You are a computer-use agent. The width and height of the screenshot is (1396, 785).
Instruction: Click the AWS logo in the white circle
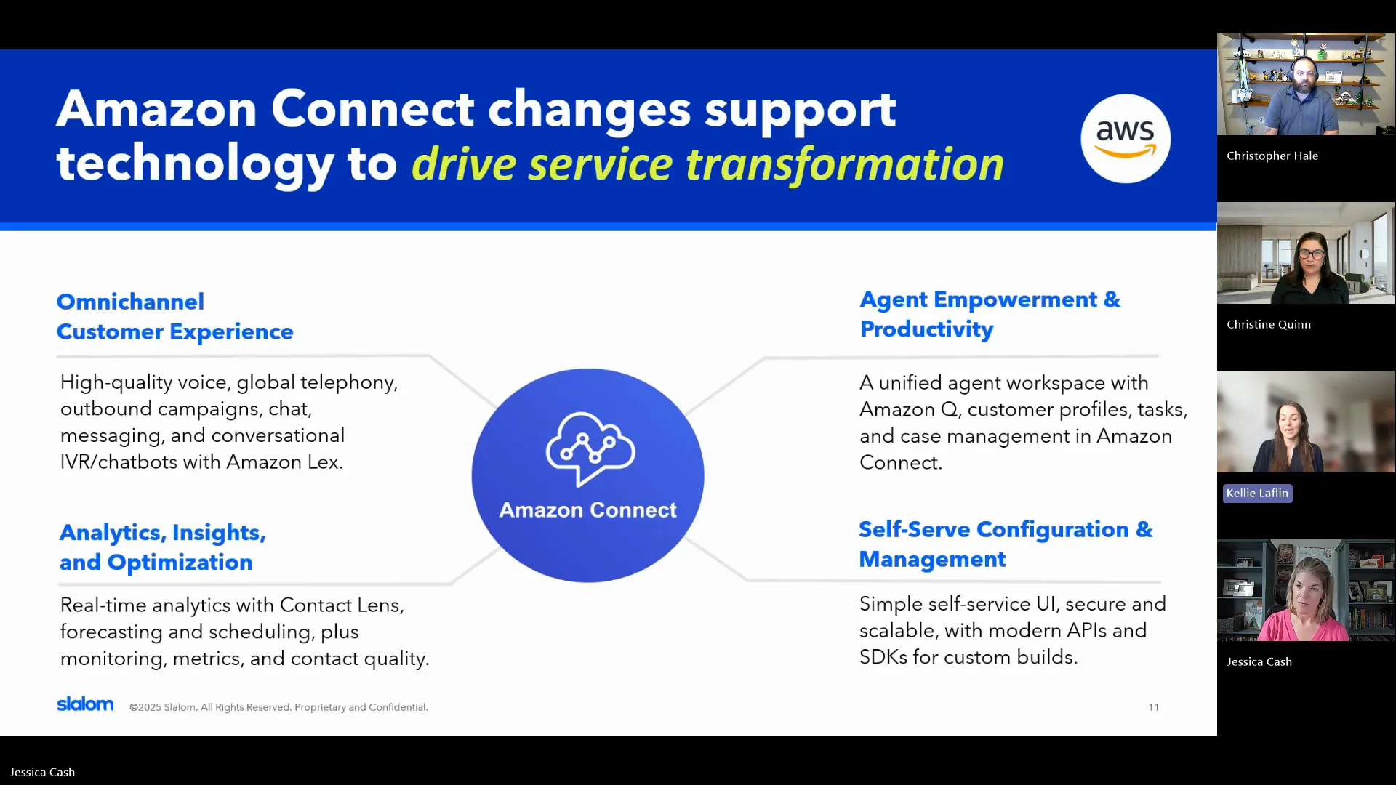coord(1126,138)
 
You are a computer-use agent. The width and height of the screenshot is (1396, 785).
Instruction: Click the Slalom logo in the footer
coord(85,704)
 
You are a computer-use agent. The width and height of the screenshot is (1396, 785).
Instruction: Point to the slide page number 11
coord(1154,707)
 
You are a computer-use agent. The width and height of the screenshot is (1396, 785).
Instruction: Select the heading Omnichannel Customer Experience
coord(174,317)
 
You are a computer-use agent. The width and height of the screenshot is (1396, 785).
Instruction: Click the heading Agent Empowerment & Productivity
coord(990,314)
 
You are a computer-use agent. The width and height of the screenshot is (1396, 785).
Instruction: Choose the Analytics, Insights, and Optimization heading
coord(163,547)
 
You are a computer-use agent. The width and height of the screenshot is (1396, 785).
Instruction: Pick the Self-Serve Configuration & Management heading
coord(1006,544)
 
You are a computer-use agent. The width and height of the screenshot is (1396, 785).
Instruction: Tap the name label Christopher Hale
coord(1272,156)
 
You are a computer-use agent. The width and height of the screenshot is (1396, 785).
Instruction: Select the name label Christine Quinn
coord(1269,324)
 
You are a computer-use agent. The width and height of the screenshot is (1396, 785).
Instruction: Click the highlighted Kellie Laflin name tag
coord(1257,494)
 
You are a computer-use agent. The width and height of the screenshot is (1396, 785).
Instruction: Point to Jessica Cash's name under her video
coord(1259,661)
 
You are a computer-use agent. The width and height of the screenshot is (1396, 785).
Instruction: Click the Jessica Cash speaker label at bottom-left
coord(42,772)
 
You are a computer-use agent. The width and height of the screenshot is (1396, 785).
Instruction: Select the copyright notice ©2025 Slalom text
coord(278,707)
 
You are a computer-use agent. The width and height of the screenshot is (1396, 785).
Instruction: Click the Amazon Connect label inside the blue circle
coord(587,510)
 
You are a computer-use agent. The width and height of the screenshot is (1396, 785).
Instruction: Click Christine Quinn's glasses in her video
coord(1311,254)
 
